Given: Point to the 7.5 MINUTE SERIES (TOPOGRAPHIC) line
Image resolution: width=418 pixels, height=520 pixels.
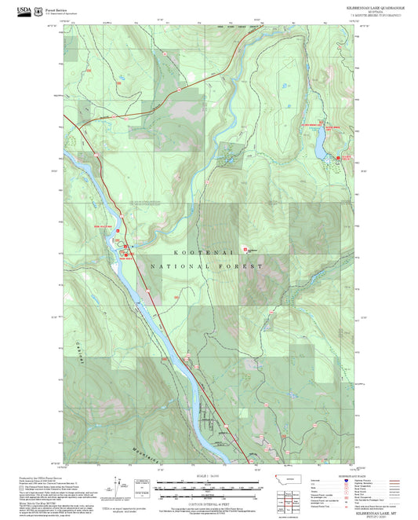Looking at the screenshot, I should (375, 15).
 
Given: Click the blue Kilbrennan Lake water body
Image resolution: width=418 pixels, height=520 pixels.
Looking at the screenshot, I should (321, 141).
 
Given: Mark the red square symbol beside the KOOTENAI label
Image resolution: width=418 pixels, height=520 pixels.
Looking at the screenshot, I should (245, 248).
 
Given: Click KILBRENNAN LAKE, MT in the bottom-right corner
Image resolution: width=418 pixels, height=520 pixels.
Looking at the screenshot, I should (375, 509).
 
